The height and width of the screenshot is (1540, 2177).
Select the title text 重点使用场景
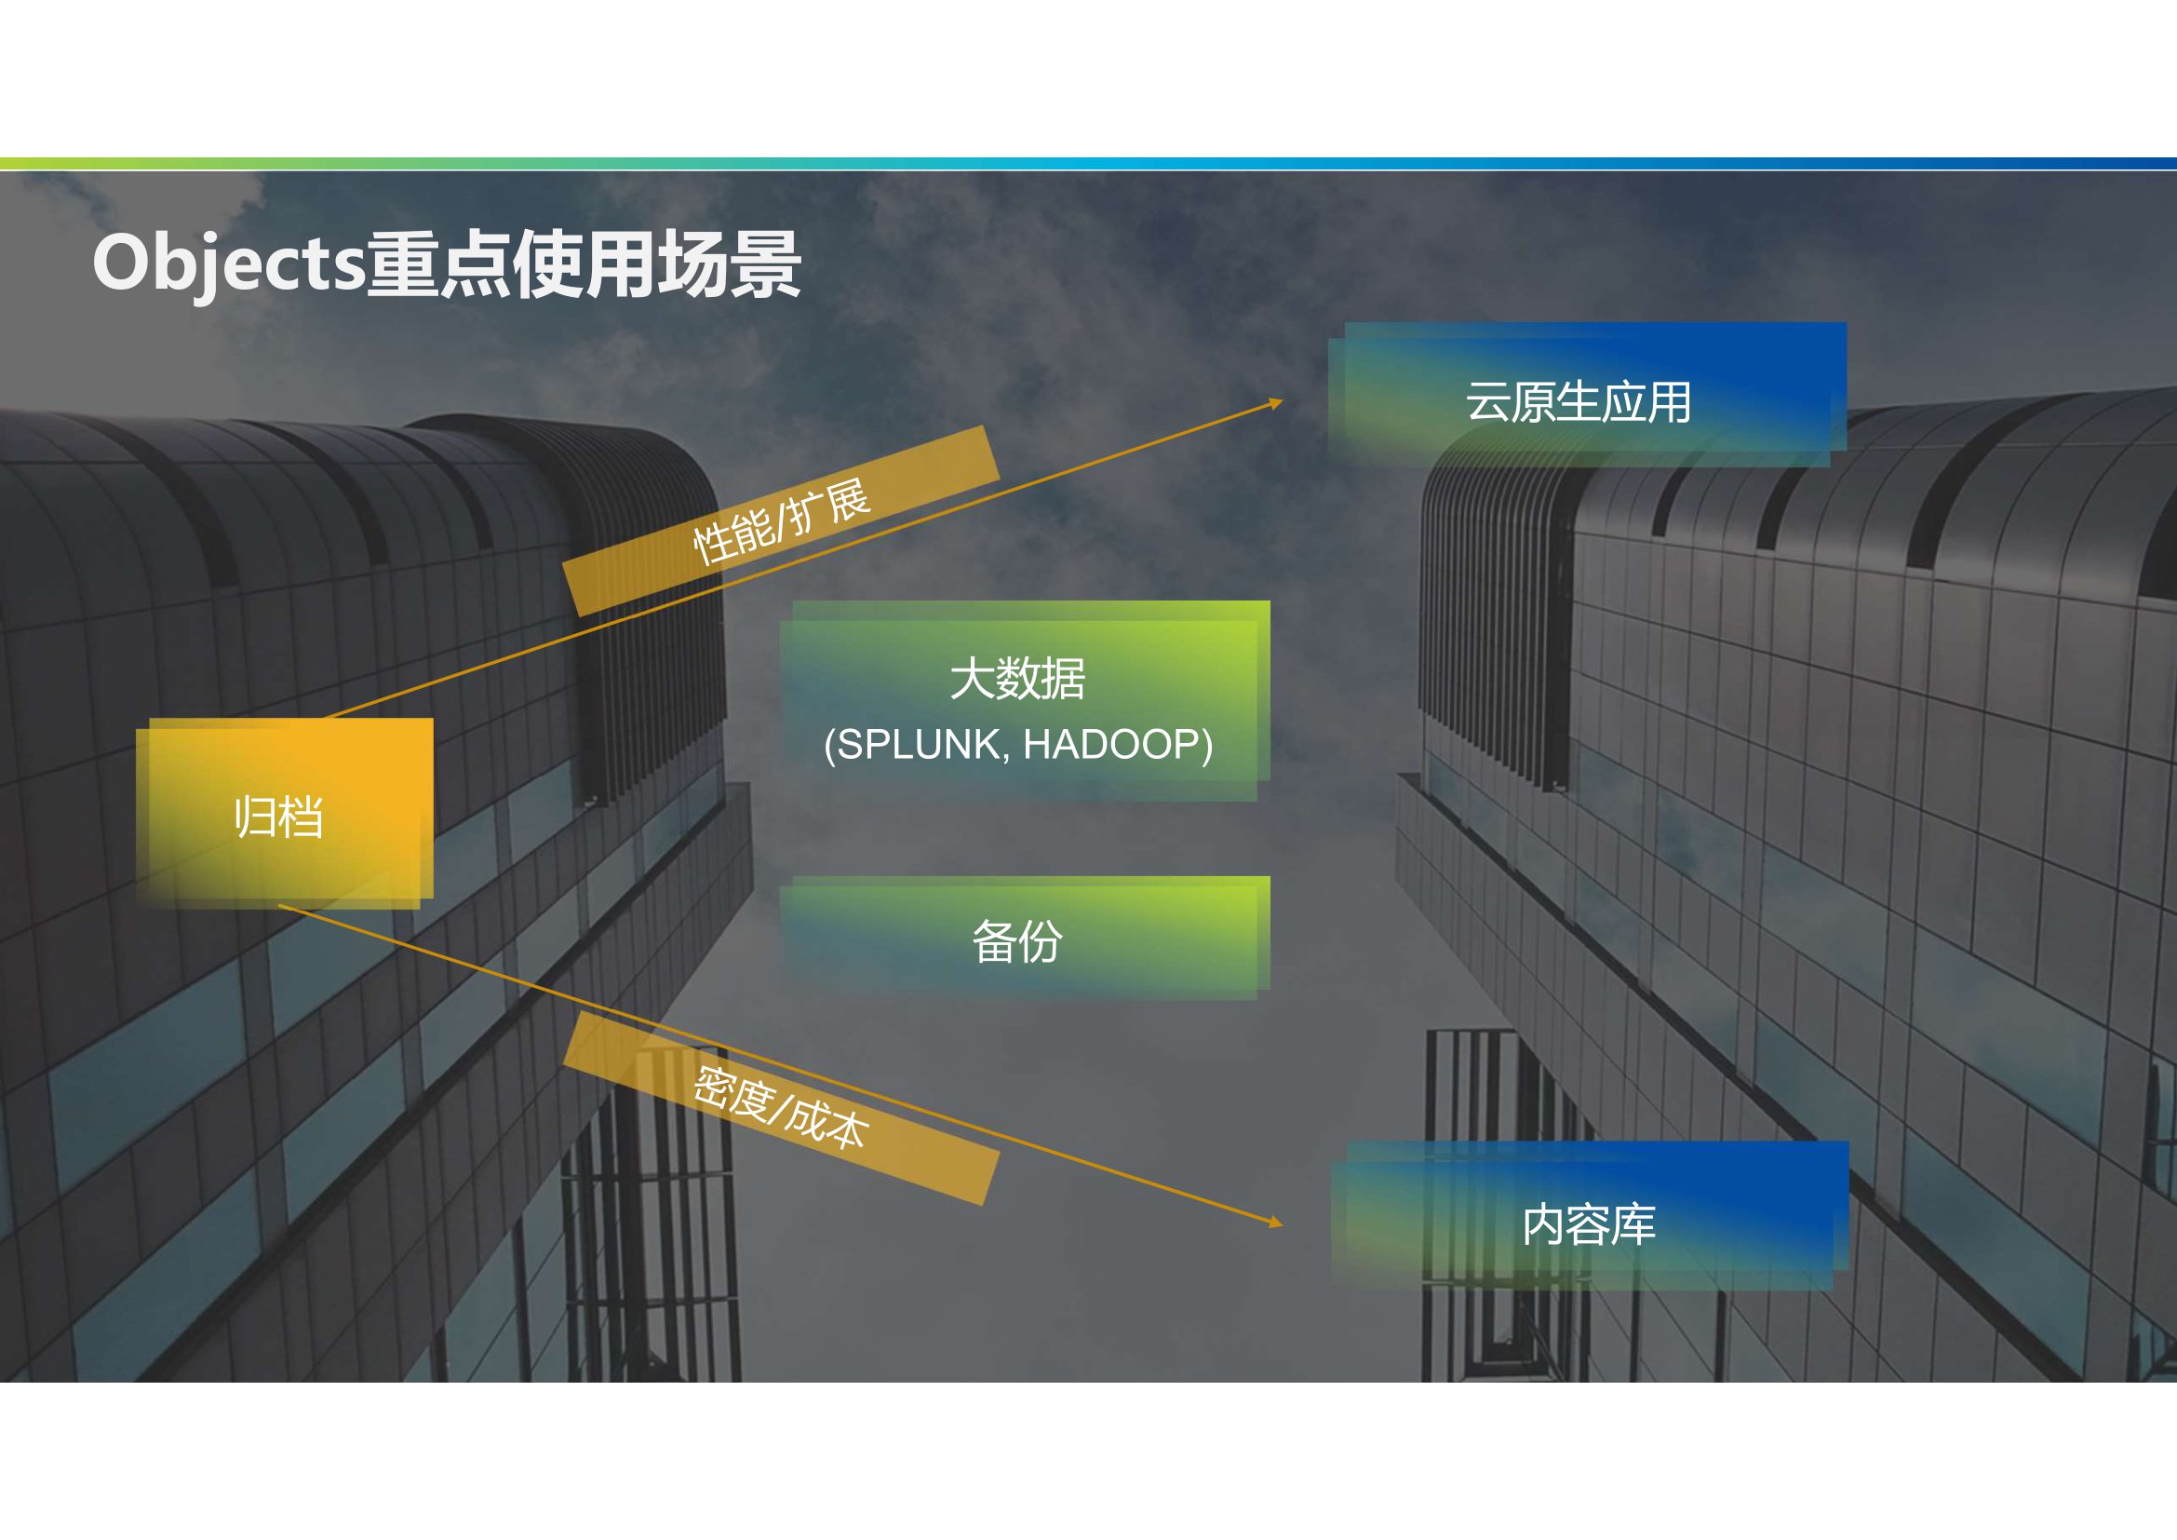(585, 263)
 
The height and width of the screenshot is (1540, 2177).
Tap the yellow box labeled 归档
(285, 814)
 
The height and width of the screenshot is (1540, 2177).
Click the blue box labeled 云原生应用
(1587, 395)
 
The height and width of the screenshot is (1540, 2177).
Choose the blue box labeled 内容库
(1589, 1216)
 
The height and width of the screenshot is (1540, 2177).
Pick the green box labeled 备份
(1025, 938)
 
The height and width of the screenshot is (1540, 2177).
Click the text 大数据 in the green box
(1017, 679)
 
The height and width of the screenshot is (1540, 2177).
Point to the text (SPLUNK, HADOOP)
(1018, 745)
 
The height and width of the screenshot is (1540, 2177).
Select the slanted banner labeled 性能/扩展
(781, 520)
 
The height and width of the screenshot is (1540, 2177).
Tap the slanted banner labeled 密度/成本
(781, 1108)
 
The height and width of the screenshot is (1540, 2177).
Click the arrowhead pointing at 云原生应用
(1276, 404)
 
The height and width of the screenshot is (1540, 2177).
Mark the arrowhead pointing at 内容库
(1276, 1223)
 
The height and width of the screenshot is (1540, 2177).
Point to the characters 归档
(279, 817)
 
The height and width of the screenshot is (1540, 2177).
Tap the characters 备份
(1017, 941)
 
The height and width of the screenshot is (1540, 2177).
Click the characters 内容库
(1589, 1224)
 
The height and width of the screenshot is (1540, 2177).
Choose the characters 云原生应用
(1579, 402)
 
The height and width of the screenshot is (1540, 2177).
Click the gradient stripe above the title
(1089, 164)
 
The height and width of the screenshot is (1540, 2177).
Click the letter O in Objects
(119, 263)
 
